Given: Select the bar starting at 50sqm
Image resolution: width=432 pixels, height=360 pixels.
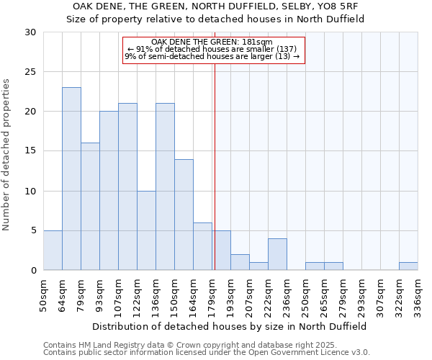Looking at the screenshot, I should [x=53, y=251].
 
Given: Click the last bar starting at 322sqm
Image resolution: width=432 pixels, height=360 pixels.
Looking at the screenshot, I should [x=408, y=266].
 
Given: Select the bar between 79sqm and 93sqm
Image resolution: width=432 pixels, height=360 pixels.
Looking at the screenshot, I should [x=90, y=207].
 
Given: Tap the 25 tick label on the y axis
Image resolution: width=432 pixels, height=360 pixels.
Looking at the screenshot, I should [x=30, y=72].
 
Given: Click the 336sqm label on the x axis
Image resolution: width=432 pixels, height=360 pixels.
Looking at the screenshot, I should [x=418, y=297].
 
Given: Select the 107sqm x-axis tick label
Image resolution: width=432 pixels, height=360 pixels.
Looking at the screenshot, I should [x=118, y=297].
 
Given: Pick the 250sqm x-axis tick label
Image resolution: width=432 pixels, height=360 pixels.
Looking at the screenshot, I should [x=305, y=297].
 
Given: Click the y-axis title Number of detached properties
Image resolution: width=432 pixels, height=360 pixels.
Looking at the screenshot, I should [x=7, y=151].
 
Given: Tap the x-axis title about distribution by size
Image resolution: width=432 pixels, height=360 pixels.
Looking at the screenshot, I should [x=230, y=326].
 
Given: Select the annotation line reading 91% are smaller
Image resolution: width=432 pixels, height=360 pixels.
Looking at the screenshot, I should [x=215, y=49].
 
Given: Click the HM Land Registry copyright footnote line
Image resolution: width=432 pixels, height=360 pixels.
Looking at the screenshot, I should [x=206, y=345].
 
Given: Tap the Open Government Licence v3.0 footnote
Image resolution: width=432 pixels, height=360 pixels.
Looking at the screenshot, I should [x=206, y=353].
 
